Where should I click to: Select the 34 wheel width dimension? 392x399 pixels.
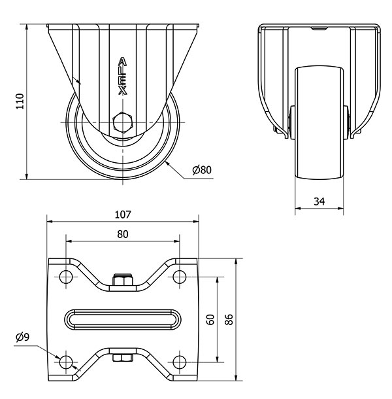pos(319,201)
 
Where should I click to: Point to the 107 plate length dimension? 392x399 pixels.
pos(123,215)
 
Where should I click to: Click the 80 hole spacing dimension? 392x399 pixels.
pos(122,234)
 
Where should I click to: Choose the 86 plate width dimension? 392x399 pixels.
pos(228,319)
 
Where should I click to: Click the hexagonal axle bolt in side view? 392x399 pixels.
pos(122,123)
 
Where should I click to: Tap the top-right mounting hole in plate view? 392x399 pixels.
pos(179,276)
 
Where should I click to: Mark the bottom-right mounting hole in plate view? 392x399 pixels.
pos(179,362)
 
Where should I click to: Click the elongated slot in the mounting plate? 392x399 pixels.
pos(122,319)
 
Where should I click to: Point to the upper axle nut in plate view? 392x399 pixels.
pos(122,281)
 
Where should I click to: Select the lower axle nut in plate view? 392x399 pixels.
pos(122,357)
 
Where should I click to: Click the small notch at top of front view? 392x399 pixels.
pos(319,29)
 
